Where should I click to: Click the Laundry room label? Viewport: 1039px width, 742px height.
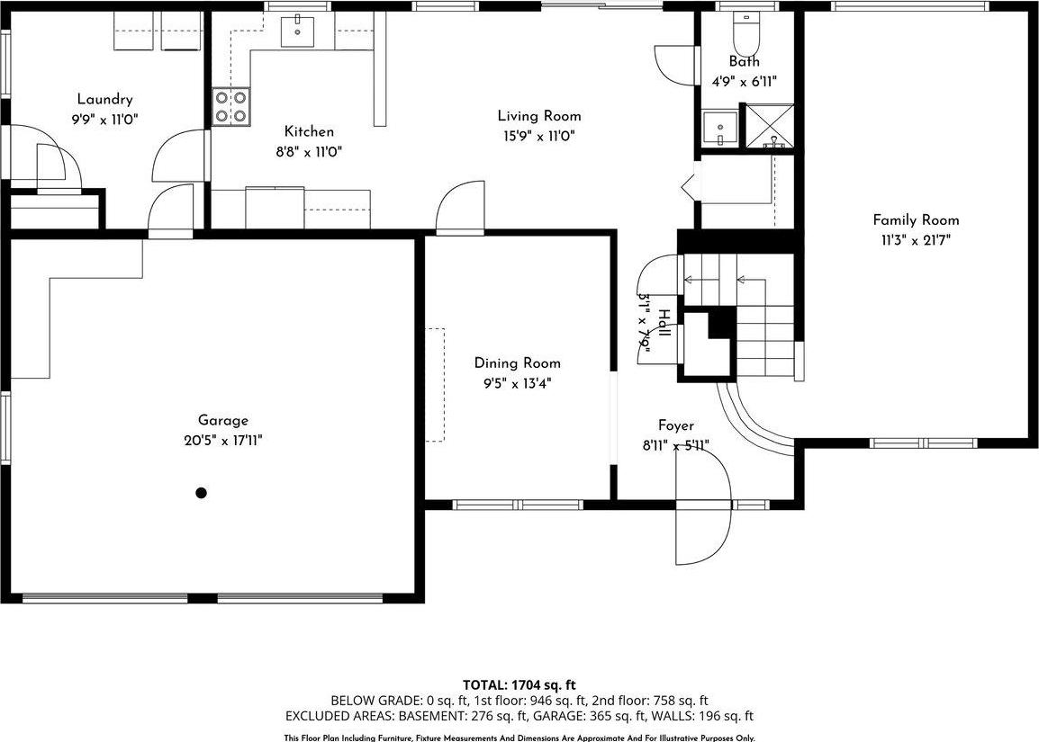tap(104, 100)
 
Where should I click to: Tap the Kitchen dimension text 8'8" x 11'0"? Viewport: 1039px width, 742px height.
tap(309, 151)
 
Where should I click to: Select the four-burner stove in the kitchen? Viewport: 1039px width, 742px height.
tap(231, 107)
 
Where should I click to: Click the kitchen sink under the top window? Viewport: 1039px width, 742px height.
tap(297, 31)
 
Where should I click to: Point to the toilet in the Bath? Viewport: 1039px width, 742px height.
tap(745, 34)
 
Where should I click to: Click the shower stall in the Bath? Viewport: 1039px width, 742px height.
tap(768, 126)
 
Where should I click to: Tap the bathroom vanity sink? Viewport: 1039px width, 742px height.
tap(719, 128)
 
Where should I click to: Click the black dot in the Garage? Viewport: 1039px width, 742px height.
tap(202, 492)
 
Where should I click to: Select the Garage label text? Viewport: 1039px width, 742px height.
tap(222, 420)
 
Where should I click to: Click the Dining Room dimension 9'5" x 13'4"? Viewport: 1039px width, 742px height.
tap(517, 382)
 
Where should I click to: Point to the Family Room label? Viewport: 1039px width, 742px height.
tap(916, 220)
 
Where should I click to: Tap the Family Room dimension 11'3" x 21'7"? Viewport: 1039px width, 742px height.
tap(916, 239)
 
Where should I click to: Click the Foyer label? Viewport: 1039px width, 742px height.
tap(675, 425)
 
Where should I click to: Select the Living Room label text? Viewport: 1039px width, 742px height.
tap(539, 116)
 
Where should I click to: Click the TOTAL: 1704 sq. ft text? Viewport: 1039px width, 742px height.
tap(519, 684)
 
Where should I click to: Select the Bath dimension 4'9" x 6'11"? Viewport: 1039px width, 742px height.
tap(744, 81)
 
